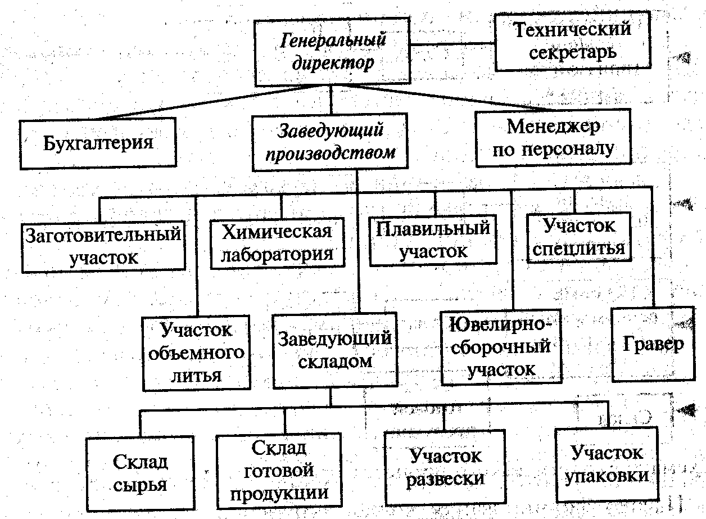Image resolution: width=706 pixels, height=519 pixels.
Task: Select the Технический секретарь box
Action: point(572,41)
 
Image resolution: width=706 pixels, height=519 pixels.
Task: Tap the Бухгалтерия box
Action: point(98,142)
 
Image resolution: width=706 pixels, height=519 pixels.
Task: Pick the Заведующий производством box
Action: point(329,142)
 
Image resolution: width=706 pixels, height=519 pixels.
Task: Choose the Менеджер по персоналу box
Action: point(554,138)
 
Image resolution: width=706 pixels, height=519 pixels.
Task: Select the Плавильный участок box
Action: point(433,240)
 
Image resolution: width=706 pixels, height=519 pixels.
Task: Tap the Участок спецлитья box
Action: point(578,237)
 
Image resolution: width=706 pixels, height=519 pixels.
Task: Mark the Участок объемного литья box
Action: point(196,353)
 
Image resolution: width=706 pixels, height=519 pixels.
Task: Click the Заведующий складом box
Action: point(335,349)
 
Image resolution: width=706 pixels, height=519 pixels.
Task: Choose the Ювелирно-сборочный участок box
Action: point(501,347)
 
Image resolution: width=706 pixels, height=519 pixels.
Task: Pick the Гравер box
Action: point(653,344)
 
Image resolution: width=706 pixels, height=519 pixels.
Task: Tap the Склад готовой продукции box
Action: point(279,471)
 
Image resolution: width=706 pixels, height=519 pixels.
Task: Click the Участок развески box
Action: point(445,467)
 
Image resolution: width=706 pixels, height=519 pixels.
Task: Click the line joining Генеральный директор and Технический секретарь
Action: point(452,43)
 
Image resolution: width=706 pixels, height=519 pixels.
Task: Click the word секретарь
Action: point(573,52)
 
